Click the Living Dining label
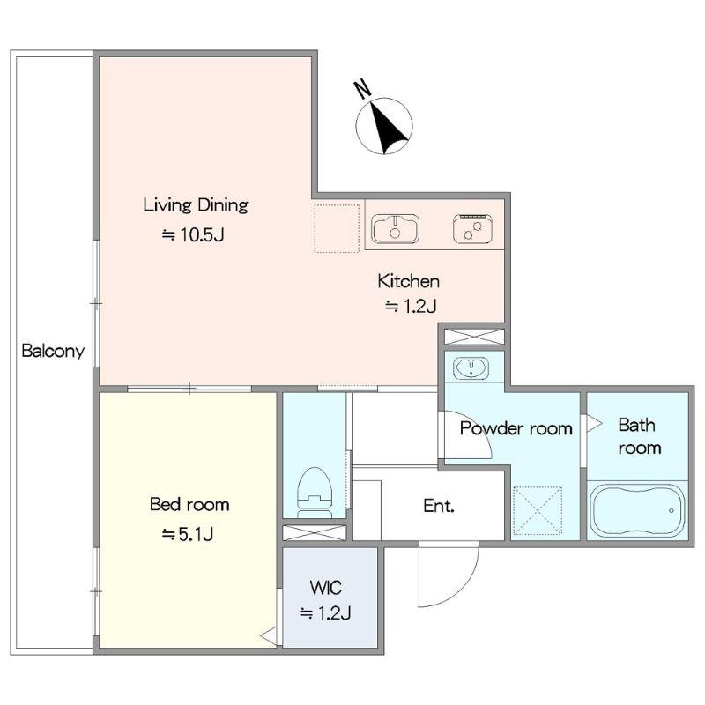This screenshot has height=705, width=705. pyautogui.click(x=196, y=206)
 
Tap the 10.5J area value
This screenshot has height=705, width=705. pyautogui.click(x=193, y=234)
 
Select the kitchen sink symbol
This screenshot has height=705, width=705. pyautogui.click(x=395, y=228)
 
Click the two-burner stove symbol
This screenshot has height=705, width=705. pyautogui.click(x=472, y=228)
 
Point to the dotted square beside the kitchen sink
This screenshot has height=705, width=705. pyautogui.click(x=337, y=228)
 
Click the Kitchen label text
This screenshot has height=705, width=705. pyautogui.click(x=408, y=281)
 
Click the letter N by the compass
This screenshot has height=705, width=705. pyautogui.click(x=363, y=89)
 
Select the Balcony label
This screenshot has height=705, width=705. pyautogui.click(x=53, y=351)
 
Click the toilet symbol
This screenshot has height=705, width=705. pyautogui.click(x=315, y=493)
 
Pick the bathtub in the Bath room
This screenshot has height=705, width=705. pyautogui.click(x=637, y=511)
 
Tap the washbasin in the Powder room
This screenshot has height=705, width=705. pyautogui.click(x=471, y=367)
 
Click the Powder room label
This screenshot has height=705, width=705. pyautogui.click(x=516, y=428)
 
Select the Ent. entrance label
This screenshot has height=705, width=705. pyautogui.click(x=439, y=506)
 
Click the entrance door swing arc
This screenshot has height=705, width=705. pyautogui.click(x=464, y=588)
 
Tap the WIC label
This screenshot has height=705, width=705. pyautogui.click(x=325, y=588)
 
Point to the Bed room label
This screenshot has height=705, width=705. pyautogui.click(x=189, y=504)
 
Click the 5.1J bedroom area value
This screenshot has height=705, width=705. pyautogui.click(x=188, y=534)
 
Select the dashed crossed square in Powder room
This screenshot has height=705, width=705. pyautogui.click(x=538, y=511)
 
